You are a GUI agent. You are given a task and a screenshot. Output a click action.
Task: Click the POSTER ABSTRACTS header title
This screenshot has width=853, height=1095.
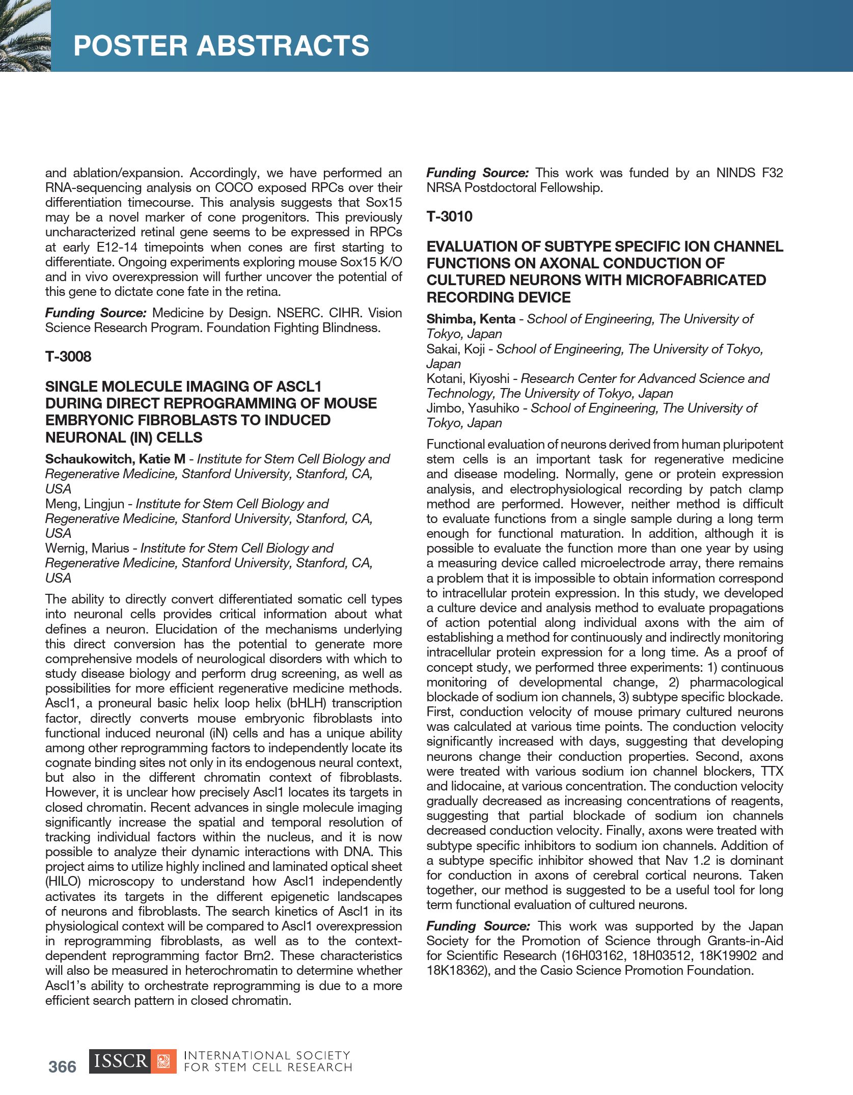[221, 46]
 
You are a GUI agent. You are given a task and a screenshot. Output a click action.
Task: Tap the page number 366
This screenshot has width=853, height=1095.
[62, 1066]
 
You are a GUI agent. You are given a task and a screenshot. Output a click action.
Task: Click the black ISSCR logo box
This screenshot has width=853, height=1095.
[120, 1061]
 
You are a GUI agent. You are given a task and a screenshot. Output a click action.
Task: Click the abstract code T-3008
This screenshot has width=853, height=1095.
[68, 357]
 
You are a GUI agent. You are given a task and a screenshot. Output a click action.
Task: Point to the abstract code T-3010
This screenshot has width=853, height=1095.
[449, 217]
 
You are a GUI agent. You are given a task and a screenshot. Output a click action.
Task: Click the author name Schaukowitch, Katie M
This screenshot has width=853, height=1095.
[115, 459]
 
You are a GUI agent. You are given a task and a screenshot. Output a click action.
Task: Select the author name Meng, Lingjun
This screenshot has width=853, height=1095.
[85, 504]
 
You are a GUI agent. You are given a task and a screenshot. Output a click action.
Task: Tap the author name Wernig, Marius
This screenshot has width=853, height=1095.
[87, 548]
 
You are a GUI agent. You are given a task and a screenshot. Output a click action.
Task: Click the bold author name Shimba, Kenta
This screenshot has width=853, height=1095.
[471, 319]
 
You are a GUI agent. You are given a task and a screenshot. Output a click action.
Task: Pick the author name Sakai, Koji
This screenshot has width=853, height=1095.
[455, 349]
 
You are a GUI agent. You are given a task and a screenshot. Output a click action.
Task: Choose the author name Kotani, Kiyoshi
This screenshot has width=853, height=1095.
[467, 378]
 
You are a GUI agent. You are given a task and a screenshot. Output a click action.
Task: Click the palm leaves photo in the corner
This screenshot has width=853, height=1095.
[24, 36]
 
